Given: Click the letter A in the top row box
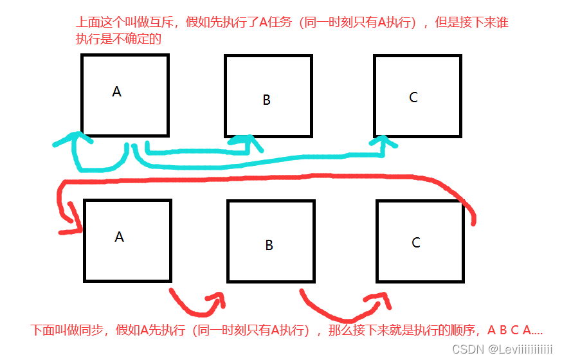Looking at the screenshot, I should [x=116, y=92].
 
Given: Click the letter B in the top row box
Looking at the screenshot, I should [x=267, y=100].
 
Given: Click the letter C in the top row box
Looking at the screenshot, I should [x=413, y=97].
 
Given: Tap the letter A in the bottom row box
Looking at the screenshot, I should [x=119, y=237].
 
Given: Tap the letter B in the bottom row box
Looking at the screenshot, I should [x=269, y=246].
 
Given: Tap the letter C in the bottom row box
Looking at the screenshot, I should [x=416, y=242].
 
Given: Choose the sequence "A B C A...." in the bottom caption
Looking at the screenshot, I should [x=514, y=330].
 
